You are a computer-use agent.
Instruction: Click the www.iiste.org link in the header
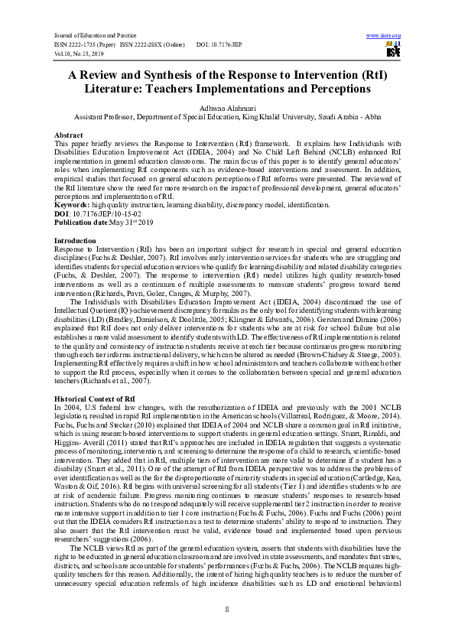point(384,35)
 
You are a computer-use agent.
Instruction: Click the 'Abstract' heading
point(68,135)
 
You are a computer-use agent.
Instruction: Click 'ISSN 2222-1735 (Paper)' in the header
point(84,45)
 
